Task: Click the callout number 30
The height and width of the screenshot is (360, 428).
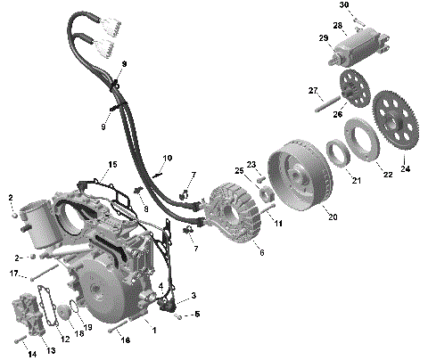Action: (x=343, y=5)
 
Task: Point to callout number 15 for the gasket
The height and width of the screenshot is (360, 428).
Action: (x=113, y=164)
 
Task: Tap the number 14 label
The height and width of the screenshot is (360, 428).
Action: (x=31, y=354)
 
